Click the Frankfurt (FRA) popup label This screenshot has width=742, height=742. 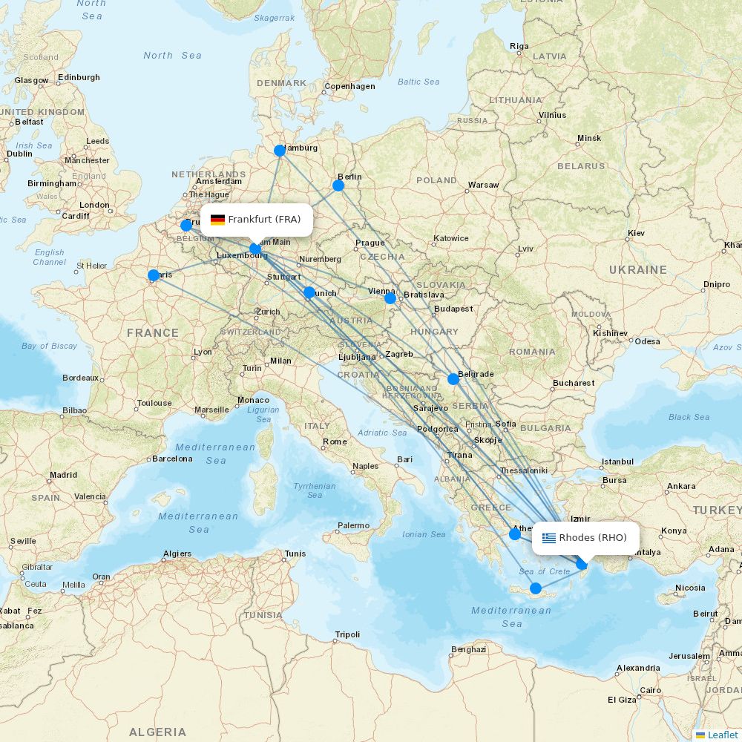tap(256, 220)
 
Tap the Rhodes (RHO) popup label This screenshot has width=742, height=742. tap(585, 538)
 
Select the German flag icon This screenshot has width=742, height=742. tap(217, 220)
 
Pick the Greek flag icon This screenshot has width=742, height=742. tap(549, 538)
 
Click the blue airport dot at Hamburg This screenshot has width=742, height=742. tap(280, 151)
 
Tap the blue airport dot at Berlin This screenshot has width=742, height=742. tap(338, 185)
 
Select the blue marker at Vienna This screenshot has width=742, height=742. tap(390, 298)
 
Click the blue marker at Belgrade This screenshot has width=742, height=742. tap(453, 379)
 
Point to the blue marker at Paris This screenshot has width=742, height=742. tap(154, 275)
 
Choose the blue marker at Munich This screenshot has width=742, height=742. tap(309, 293)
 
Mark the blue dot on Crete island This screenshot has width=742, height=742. tap(536, 588)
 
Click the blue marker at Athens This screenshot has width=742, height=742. tap(515, 533)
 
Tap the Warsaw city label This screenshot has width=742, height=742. tap(483, 185)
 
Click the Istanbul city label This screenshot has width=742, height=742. tap(617, 462)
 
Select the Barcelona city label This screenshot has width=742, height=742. tap(172, 459)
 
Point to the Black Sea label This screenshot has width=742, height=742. tap(689, 417)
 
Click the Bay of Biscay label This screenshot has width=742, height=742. tap(49, 346)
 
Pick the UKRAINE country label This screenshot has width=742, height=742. tap(637, 270)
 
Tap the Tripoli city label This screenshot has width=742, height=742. tap(347, 634)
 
